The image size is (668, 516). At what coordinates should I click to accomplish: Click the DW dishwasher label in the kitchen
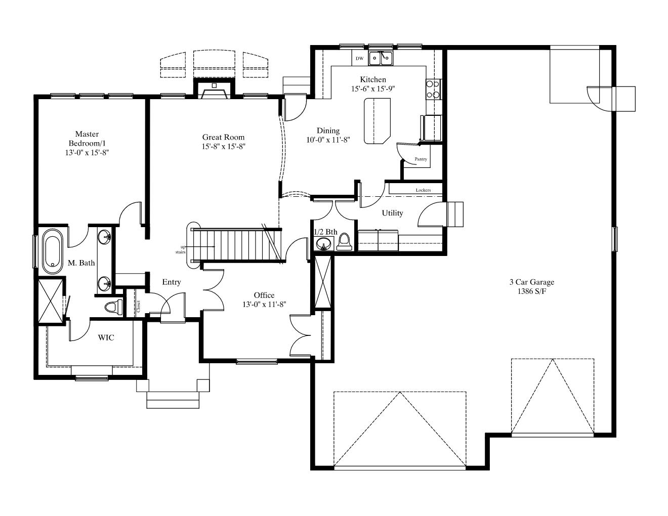[x=359, y=58]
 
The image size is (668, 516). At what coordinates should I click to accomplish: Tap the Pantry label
[x=421, y=159]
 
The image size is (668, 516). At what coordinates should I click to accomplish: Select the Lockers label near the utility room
[x=423, y=190]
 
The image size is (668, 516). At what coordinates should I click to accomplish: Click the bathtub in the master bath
[x=53, y=251]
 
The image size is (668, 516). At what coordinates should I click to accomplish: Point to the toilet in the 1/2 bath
[x=344, y=242]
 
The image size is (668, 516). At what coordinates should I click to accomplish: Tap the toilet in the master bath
[x=113, y=307]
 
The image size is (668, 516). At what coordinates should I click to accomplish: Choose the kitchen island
[x=377, y=121]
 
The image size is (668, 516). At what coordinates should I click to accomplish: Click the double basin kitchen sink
[x=381, y=59]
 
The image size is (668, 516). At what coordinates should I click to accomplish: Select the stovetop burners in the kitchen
[x=434, y=89]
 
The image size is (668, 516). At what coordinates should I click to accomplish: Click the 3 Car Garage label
[x=532, y=282]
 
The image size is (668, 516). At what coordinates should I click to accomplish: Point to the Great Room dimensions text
[x=224, y=147]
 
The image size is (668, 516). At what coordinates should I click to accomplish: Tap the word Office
[x=264, y=295]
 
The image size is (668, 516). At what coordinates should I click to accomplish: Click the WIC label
[x=106, y=337]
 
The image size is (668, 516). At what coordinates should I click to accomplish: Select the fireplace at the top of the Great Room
[x=214, y=89]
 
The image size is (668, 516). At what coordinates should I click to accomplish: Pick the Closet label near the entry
[x=138, y=307]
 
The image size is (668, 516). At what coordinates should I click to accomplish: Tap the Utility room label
[x=392, y=213]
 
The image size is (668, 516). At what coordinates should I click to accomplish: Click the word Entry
[x=171, y=282]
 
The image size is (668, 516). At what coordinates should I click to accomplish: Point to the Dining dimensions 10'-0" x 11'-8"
[x=328, y=140]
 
